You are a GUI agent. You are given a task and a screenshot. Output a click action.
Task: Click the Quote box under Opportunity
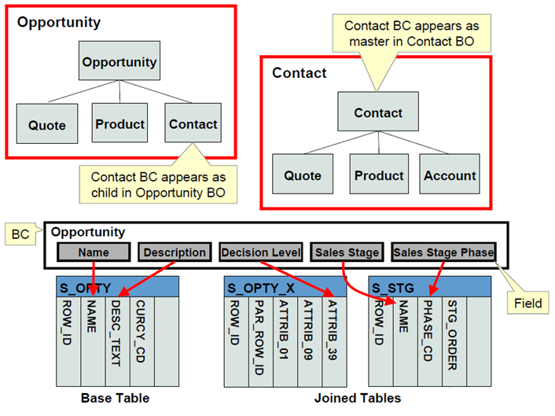pos(47,124)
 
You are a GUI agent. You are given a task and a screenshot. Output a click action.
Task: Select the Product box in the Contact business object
pos(377,175)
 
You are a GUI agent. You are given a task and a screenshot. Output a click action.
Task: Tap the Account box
pos(450,175)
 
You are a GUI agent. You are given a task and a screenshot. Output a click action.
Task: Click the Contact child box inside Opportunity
pos(193,124)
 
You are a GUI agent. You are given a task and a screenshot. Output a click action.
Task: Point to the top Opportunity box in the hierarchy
pos(119,61)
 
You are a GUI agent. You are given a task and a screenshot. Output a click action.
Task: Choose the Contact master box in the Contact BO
pos(377,112)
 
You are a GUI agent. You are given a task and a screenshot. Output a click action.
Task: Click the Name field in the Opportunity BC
pos(94,252)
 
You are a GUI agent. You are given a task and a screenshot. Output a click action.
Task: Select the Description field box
pos(175,252)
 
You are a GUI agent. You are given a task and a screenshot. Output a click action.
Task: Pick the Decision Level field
pos(261,252)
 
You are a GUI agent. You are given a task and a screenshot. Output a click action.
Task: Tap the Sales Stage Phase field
pos(443,252)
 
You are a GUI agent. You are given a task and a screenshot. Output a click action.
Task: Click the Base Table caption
pos(116,399)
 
